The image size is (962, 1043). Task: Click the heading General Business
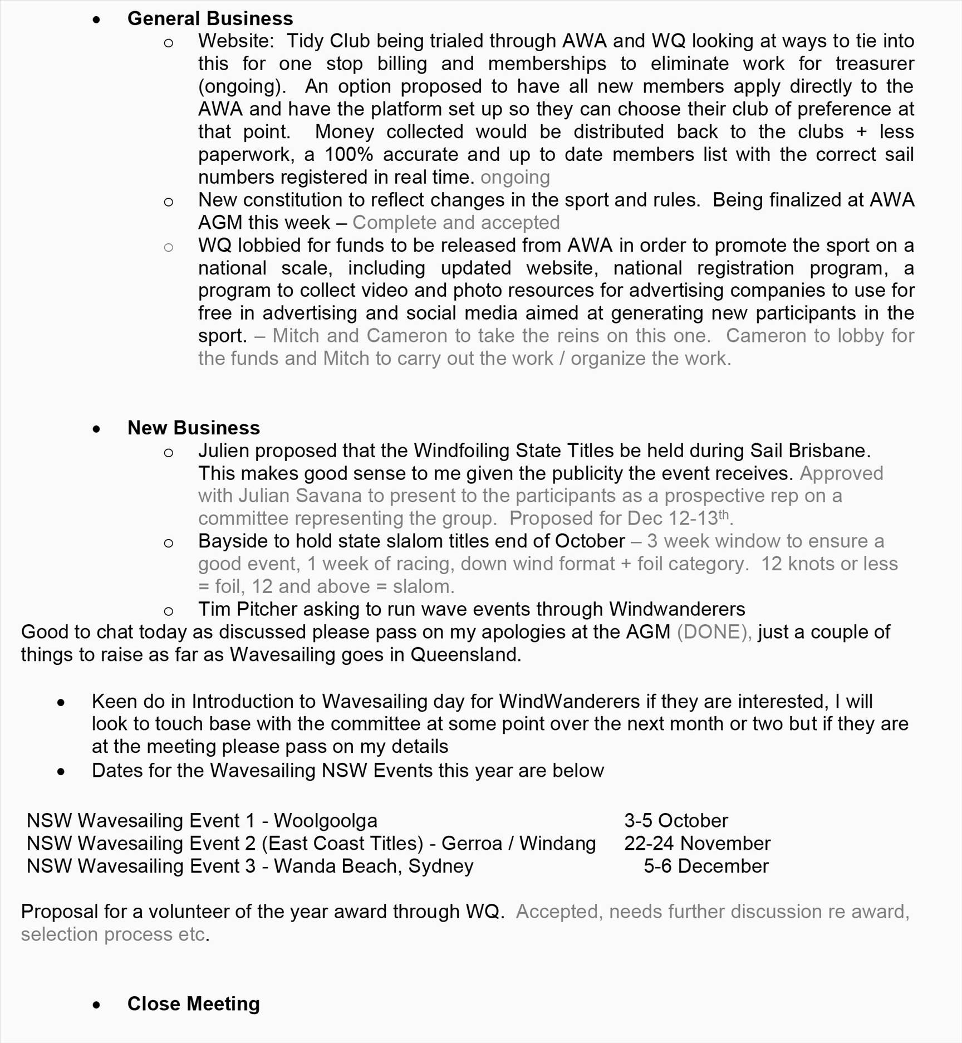(x=210, y=18)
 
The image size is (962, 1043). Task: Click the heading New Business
(x=193, y=428)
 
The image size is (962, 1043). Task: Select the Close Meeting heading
(x=193, y=1003)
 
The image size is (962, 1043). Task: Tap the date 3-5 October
(x=675, y=820)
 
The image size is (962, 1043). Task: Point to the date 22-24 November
(x=697, y=843)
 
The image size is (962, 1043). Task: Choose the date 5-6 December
(x=706, y=866)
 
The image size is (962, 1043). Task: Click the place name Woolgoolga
(x=325, y=820)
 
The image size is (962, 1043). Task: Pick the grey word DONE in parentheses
(x=712, y=631)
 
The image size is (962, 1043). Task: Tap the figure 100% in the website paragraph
(x=349, y=154)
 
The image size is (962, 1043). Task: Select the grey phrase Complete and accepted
(x=456, y=222)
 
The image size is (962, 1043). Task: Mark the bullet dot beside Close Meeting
(x=97, y=1005)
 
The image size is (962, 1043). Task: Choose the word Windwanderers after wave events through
(x=676, y=609)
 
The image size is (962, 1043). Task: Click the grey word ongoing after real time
(x=515, y=177)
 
